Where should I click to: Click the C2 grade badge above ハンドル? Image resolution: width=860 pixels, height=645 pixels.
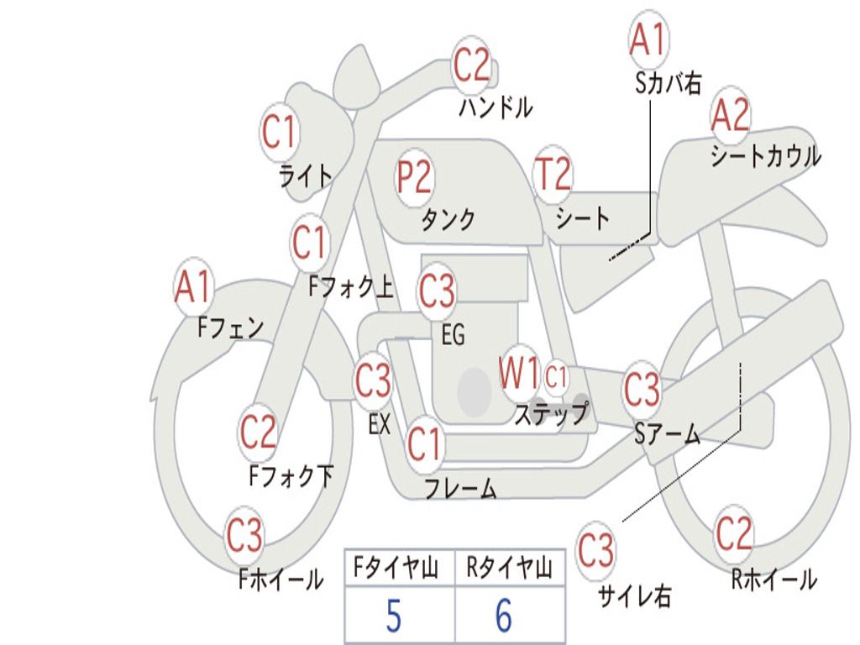pos(471,65)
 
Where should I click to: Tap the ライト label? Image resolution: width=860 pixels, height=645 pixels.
pos(305,176)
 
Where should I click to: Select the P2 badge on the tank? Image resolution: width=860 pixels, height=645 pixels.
pos(414,177)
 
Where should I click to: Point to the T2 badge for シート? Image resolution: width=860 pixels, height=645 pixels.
pos(553,175)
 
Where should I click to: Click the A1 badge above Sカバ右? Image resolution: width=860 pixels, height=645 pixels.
pos(648,39)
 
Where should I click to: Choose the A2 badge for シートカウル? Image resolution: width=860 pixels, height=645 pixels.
pos(730,116)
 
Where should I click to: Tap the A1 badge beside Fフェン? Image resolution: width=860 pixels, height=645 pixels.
pos(194,287)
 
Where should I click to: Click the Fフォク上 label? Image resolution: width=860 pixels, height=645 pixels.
pos(350,288)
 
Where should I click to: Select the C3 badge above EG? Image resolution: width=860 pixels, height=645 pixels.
pos(437,291)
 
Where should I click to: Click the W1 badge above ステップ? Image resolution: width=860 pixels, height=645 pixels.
pos(519,375)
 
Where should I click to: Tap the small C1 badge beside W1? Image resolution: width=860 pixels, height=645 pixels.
pos(557,377)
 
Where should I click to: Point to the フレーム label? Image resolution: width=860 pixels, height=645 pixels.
pos(459,489)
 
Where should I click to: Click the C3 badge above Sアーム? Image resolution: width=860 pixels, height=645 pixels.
pos(642,390)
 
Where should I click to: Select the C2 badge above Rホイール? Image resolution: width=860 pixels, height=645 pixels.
pos(733,532)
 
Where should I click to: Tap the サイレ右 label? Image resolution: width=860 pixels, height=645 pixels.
pos(634,596)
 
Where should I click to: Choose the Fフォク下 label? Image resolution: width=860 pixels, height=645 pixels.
pos(291,477)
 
